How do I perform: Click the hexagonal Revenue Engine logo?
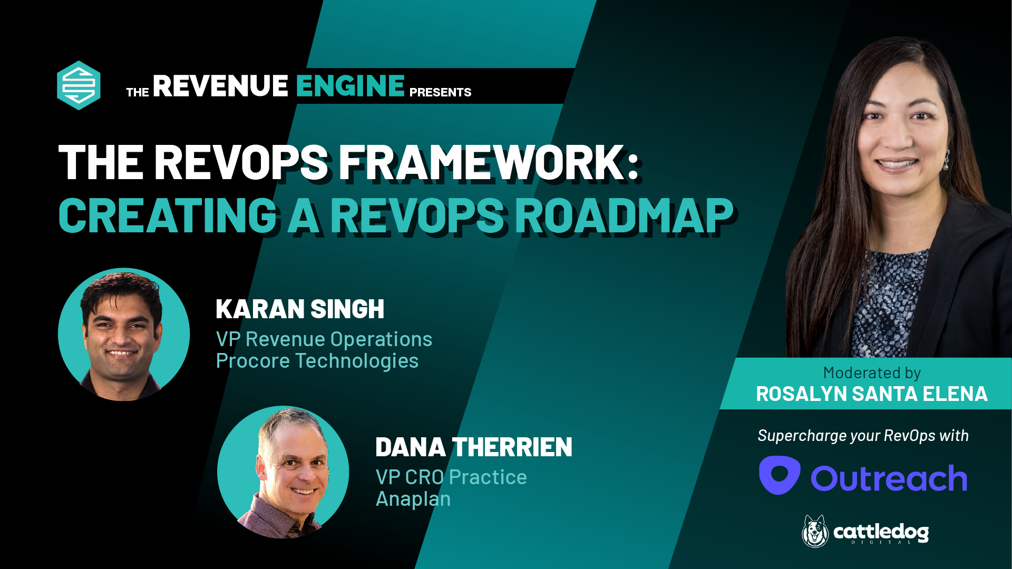coord(79,85)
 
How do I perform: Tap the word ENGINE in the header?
coord(350,86)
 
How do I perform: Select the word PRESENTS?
coord(440,93)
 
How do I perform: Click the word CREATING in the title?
coord(168,215)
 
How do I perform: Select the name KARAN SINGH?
coord(300,309)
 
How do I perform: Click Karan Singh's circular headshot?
coord(124,334)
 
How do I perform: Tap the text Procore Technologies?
coord(317,361)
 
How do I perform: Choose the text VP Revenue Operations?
coord(324,339)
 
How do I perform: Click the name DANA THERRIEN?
coord(473,447)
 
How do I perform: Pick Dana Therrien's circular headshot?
coord(283,472)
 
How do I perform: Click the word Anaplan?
coord(413,499)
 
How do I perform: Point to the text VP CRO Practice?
coord(451,477)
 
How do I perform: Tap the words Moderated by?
coord(872,373)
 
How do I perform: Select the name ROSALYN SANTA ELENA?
coord(872,394)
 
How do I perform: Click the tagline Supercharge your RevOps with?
coord(863,436)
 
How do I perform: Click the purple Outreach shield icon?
coord(780,475)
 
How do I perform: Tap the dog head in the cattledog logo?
coord(815,531)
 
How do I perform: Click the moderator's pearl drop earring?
coord(947,162)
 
